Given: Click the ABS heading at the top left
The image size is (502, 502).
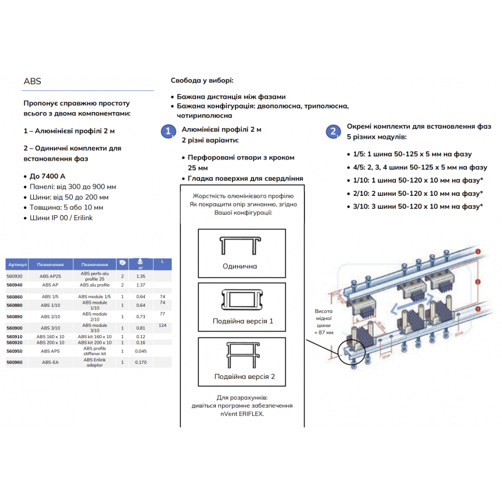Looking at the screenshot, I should point(32,81).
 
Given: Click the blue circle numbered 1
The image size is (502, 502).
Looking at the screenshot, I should point(168,132).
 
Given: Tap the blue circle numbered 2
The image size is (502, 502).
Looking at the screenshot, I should point(333,132).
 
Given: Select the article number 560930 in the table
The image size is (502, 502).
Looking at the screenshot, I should point(14,276).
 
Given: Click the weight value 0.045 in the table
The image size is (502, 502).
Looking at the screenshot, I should point(141,351).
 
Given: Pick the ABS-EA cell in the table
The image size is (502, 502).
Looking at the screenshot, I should point(50,362).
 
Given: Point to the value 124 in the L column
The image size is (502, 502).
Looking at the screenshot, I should point(162,325).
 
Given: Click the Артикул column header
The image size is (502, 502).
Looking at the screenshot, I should point(14,264).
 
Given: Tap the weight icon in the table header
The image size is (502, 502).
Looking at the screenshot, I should point(141,263).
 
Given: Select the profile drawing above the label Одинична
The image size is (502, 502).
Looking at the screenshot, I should point(242,245).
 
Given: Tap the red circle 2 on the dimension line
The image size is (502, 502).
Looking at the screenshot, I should point(478,283).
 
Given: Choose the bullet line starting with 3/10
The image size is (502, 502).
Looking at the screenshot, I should point(414,206).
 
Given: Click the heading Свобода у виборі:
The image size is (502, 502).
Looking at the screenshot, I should point(202,82).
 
